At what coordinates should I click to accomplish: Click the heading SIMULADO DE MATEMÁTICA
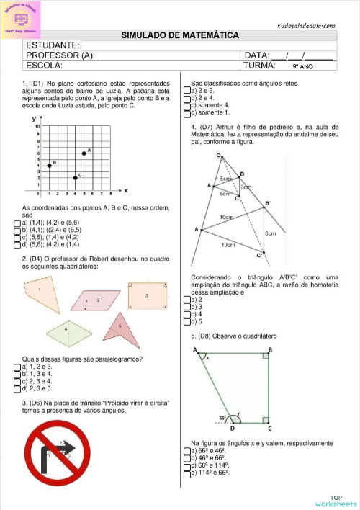click(x=180, y=35)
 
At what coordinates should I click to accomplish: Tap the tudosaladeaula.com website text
click(x=306, y=26)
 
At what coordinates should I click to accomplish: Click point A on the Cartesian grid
click(x=84, y=153)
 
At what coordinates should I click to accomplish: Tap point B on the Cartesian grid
click(x=49, y=166)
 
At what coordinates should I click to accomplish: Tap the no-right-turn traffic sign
click(x=62, y=455)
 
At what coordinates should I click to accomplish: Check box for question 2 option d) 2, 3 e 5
click(x=17, y=388)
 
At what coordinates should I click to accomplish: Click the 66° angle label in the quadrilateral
click(x=225, y=416)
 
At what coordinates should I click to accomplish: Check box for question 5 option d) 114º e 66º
click(x=186, y=473)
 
